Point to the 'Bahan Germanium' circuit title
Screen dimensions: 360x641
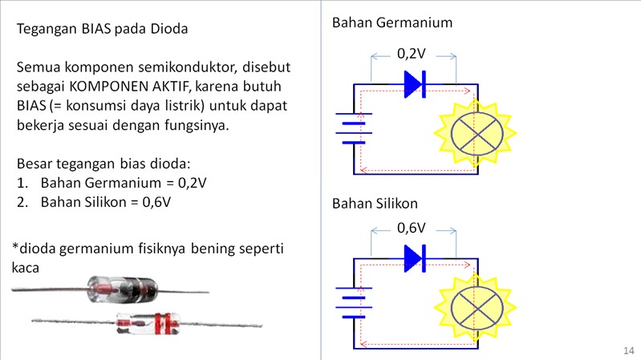click(391, 22)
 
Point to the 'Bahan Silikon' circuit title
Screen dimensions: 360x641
click(375, 204)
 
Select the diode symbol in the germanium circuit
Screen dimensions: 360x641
click(414, 83)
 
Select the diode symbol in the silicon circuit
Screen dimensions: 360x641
click(414, 257)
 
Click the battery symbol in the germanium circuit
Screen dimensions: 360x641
click(353, 127)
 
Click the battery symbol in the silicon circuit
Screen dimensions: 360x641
click(353, 301)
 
